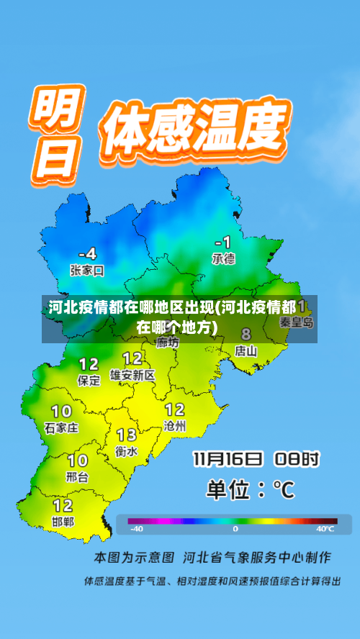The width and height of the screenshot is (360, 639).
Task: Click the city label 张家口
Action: click(x=87, y=271)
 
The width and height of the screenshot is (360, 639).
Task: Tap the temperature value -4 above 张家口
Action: click(x=87, y=254)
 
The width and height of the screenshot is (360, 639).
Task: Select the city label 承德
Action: click(x=223, y=258)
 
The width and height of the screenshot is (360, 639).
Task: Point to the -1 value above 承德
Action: click(x=223, y=242)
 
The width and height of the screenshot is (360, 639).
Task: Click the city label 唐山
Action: click(x=246, y=351)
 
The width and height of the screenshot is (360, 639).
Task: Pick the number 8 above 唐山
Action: click(x=246, y=335)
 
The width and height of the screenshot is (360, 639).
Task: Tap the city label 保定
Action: click(x=89, y=381)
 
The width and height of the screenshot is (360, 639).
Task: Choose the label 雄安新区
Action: click(x=132, y=375)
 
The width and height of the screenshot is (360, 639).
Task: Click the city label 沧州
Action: click(x=175, y=426)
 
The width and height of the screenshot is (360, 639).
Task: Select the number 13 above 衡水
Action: click(x=127, y=435)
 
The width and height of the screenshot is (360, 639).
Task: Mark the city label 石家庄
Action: click(x=61, y=427)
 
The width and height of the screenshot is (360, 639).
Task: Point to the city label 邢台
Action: click(x=77, y=476)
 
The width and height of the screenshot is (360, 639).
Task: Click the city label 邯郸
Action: click(x=63, y=521)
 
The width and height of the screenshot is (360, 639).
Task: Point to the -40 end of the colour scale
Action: click(x=136, y=529)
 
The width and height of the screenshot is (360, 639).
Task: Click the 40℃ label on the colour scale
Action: click(x=325, y=529)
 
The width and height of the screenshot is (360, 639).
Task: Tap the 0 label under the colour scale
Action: click(x=235, y=529)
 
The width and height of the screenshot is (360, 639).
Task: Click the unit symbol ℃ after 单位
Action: click(x=284, y=490)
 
